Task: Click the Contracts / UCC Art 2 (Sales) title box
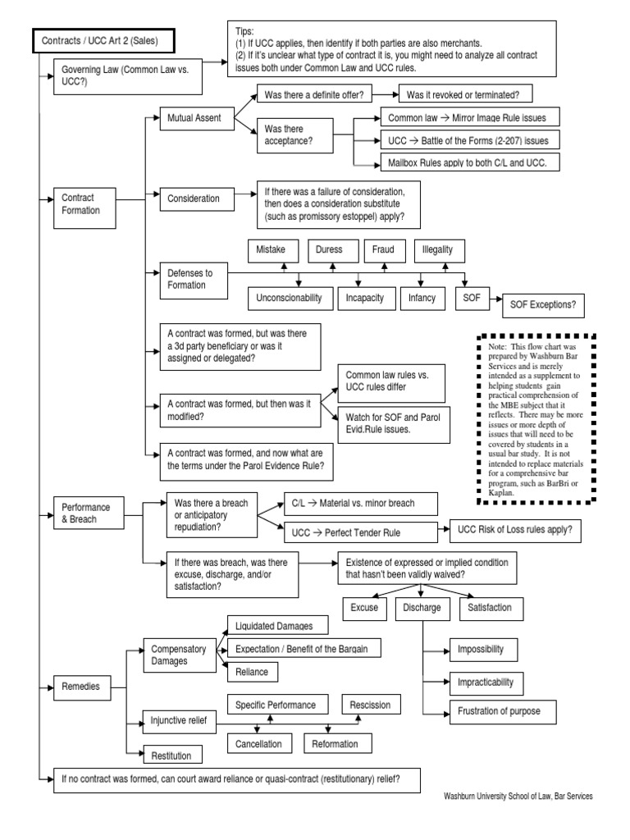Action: (x=103, y=40)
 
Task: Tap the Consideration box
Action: (x=194, y=198)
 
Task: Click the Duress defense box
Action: (x=331, y=249)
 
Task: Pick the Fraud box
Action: (x=384, y=249)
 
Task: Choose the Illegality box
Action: (x=443, y=249)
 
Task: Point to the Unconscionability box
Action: (x=289, y=298)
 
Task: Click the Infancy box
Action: (x=422, y=298)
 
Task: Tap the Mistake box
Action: (x=272, y=249)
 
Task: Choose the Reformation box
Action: (x=336, y=743)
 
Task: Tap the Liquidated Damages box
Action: (x=269, y=625)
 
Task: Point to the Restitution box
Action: (x=171, y=754)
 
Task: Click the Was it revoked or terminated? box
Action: (x=465, y=95)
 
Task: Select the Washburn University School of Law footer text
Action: (x=518, y=796)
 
